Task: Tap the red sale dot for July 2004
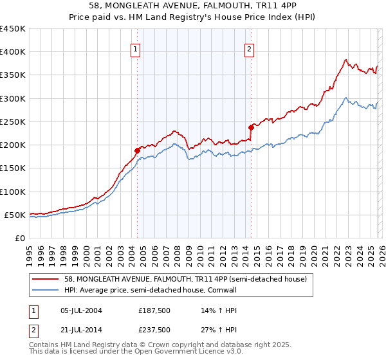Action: click(x=137, y=150)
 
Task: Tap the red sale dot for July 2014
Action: click(x=251, y=127)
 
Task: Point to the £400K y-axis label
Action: click(x=12, y=52)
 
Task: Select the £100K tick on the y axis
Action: click(x=12, y=192)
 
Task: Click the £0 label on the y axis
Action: click(x=21, y=238)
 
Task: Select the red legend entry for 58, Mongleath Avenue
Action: click(x=186, y=279)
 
